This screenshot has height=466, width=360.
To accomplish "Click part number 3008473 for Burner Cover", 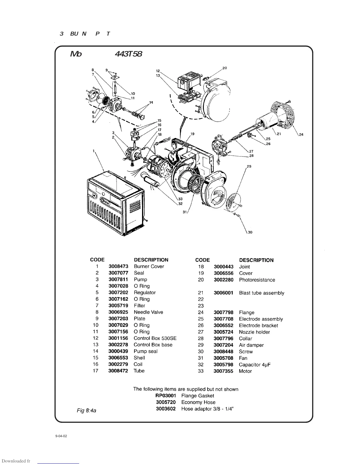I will [x=119, y=266].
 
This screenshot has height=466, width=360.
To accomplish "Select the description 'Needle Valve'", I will [x=148, y=312].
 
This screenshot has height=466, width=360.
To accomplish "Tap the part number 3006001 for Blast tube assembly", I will [x=224, y=293].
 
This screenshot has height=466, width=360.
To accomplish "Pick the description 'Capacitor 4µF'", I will [x=255, y=365].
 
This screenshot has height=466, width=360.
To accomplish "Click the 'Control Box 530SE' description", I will [x=155, y=338].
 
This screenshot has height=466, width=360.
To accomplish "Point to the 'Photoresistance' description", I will [x=257, y=280].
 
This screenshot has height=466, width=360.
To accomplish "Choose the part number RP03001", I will [x=166, y=396].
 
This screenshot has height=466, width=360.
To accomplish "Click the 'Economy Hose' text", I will [x=198, y=402].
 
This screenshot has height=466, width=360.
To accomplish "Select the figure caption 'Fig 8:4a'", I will [x=86, y=410].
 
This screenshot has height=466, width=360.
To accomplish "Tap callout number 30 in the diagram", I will [x=250, y=232].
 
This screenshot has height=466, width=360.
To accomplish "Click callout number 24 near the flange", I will [x=301, y=135].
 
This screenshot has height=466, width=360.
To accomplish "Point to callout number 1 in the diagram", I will [x=94, y=151].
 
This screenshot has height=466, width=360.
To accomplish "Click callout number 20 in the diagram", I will [x=225, y=68].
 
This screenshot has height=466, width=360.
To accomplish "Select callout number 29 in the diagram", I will [x=249, y=167].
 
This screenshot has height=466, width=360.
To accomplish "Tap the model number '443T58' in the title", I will [x=129, y=54].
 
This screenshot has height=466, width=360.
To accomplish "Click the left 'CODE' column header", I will [x=97, y=260].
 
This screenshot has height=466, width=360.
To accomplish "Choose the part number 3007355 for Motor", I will [x=223, y=371].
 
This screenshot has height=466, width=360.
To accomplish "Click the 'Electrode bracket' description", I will [x=258, y=326].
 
